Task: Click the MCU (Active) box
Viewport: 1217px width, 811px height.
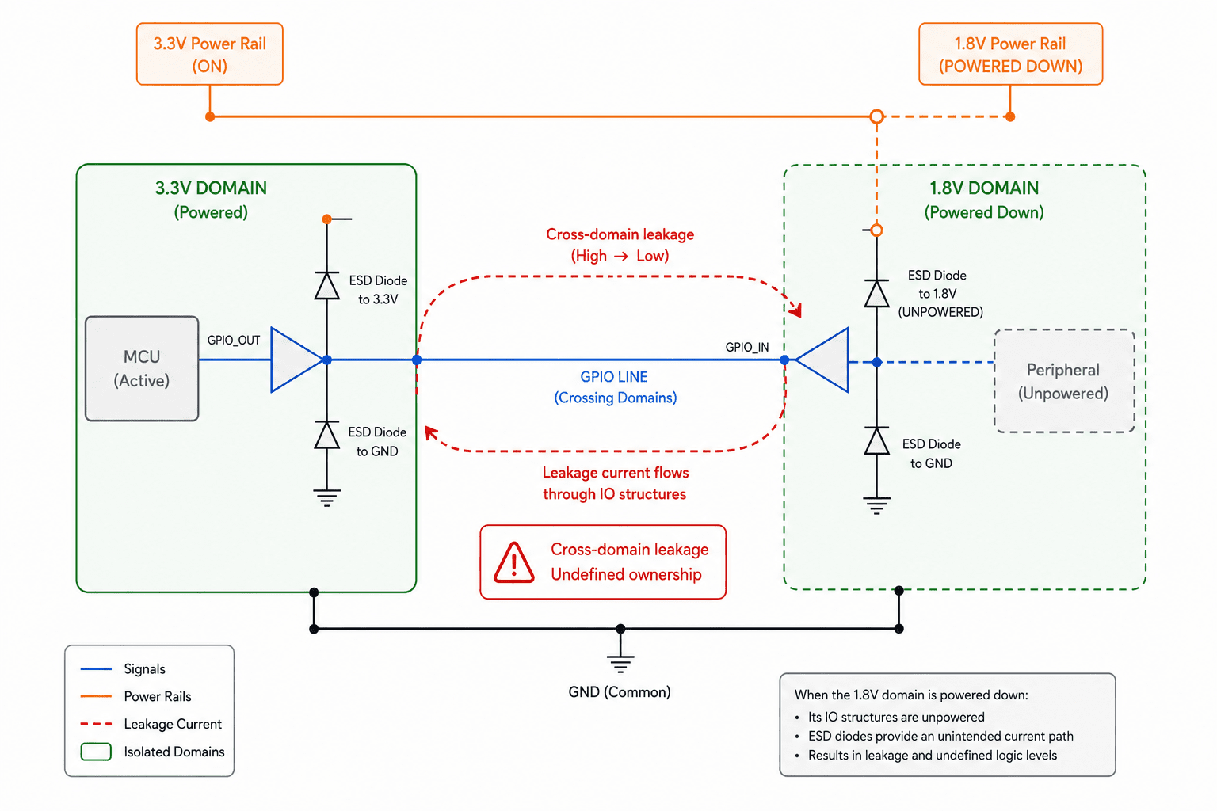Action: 142,368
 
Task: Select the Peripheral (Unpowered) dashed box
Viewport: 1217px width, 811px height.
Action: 1064,381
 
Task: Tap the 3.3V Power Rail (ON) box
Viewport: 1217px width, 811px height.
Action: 210,54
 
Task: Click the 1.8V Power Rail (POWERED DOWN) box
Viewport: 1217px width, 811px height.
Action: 1010,54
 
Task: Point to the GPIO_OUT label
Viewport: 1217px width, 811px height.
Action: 234,341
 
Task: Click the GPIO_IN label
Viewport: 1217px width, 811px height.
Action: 747,348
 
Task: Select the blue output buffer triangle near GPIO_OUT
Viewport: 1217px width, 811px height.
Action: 297,360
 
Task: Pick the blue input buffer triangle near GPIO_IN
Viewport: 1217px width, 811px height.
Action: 822,360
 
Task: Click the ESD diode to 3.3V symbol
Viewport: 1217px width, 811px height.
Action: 326,286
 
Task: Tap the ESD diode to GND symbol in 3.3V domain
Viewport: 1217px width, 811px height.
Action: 326,435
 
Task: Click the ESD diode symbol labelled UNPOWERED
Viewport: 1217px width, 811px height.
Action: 876,294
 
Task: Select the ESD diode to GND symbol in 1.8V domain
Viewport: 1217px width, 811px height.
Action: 876,440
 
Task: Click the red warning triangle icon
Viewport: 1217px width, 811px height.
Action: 514,563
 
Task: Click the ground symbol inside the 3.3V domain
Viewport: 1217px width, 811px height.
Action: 326,497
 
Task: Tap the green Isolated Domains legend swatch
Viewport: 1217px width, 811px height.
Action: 96,752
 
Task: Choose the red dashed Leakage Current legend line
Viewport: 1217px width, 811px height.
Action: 96,724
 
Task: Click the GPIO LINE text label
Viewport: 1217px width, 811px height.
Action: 614,377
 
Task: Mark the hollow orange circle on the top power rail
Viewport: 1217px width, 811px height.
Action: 876,116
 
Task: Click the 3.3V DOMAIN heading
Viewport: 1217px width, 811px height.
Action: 211,188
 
